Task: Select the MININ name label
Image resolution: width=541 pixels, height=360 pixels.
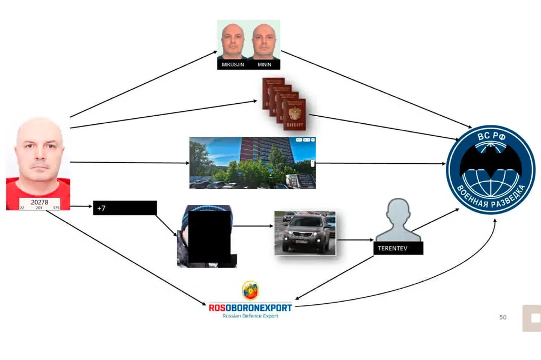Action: pos(265,65)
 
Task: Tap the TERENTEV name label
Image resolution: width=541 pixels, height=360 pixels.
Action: pos(398,248)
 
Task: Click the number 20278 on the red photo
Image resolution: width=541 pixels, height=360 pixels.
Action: pos(38,202)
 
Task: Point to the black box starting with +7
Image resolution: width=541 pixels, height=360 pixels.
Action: pos(124,208)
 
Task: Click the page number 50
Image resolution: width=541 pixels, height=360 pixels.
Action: pos(503,317)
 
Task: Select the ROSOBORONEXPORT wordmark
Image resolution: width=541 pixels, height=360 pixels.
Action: pos(250,308)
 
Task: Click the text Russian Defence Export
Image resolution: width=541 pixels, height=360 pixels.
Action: pos(250,316)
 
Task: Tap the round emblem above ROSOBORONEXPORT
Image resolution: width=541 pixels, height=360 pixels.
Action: pos(250,291)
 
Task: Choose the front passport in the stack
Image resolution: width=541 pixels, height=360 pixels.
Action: pos(294,115)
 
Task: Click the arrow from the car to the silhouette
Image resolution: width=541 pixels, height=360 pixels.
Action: pos(355,239)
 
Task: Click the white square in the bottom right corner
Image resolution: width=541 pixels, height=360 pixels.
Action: pos(532,318)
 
